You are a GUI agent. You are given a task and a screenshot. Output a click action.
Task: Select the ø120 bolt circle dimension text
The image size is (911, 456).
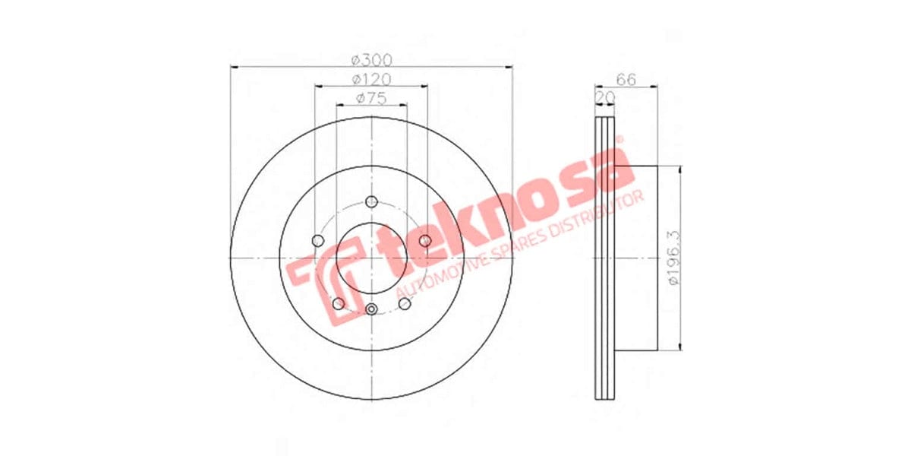click(x=370, y=79)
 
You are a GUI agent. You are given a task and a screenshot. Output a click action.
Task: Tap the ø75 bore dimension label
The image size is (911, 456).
click(x=370, y=98)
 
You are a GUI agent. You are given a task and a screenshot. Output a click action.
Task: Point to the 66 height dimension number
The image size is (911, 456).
click(x=626, y=79)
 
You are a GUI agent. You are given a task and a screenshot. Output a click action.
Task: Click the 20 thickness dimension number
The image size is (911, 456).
click(x=605, y=97)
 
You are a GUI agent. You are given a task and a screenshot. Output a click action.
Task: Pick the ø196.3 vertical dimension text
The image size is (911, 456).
click(x=673, y=257)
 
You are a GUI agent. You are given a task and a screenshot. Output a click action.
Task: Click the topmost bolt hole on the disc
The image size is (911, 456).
click(x=371, y=201)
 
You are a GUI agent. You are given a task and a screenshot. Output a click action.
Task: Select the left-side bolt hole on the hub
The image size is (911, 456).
click(x=318, y=241)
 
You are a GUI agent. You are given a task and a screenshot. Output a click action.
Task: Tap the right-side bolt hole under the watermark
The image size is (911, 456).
click(x=425, y=241)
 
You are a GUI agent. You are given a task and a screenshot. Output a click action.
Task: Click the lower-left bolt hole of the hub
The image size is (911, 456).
click(x=339, y=304)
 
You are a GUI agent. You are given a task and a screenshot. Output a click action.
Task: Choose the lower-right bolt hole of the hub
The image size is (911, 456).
click(x=405, y=304)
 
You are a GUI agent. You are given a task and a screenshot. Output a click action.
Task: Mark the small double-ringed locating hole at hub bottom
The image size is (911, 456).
click(x=371, y=309)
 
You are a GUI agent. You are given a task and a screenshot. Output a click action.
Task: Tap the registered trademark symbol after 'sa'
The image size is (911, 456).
click(x=619, y=140)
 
